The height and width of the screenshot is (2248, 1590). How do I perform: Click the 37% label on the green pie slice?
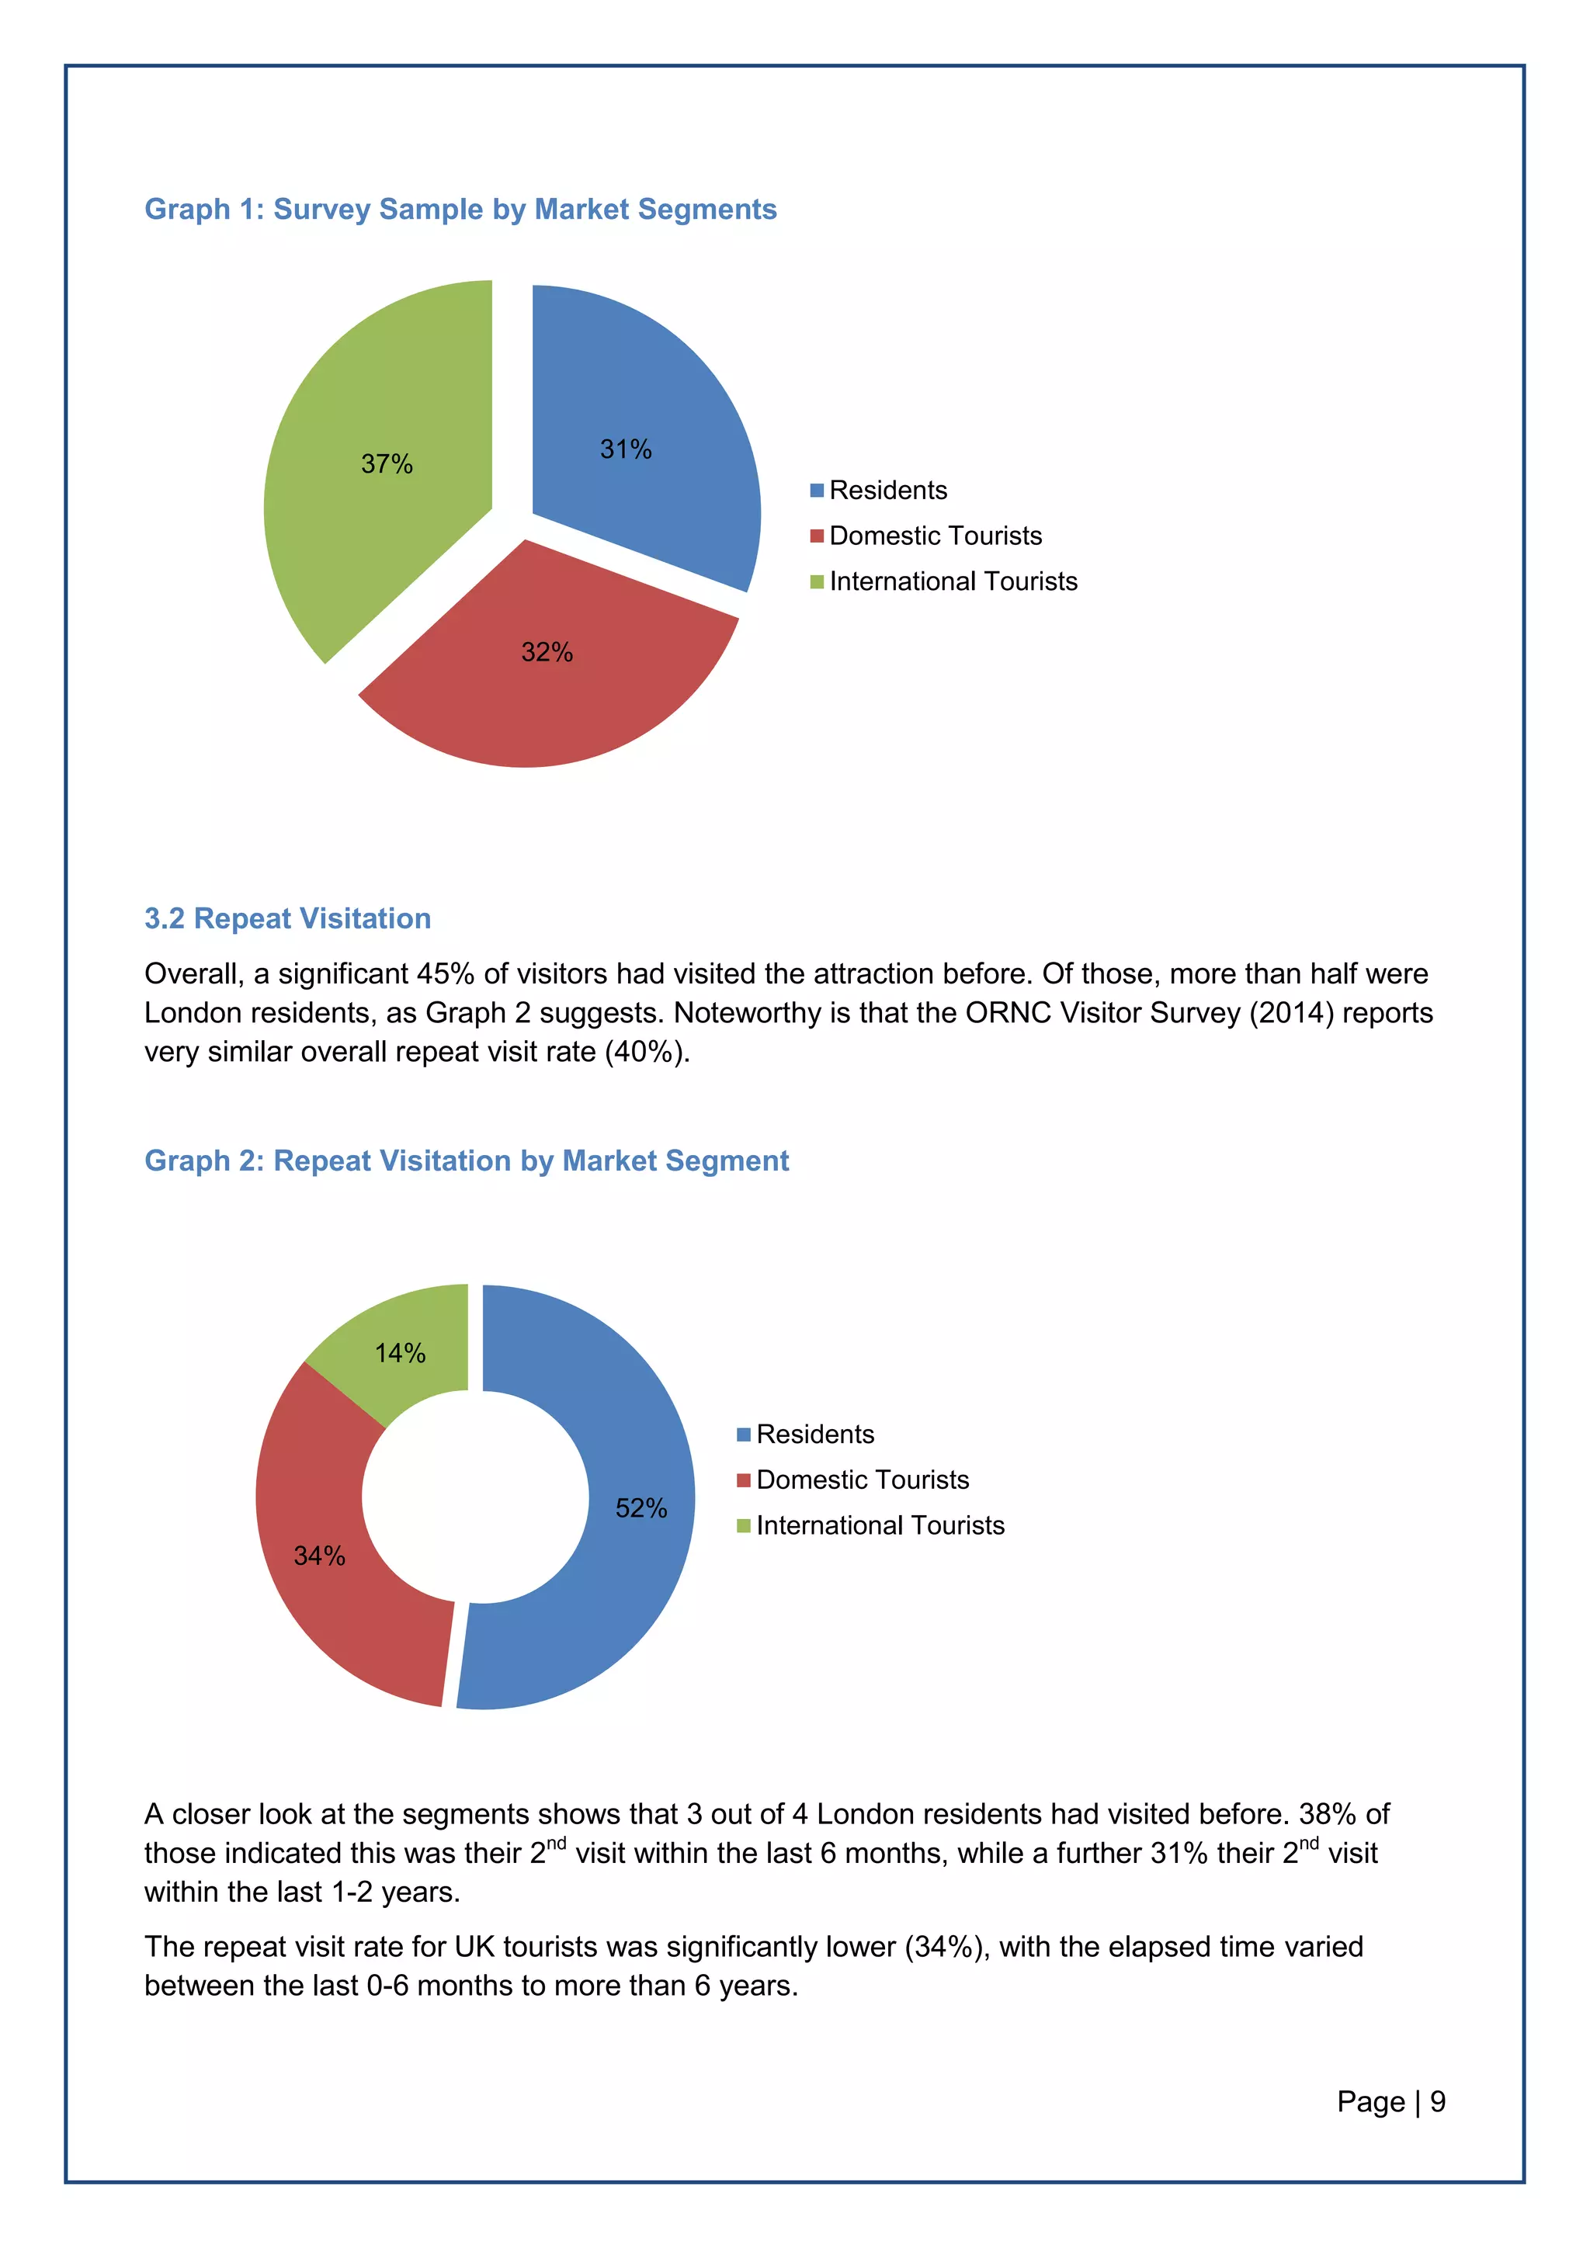coord(387,464)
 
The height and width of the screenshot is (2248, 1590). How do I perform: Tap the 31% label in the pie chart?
coord(626,449)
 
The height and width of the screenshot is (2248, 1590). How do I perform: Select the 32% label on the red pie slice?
coord(547,652)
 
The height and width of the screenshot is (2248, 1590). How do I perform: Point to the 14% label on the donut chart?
coord(400,1353)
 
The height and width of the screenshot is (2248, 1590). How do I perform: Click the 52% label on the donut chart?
coord(641,1507)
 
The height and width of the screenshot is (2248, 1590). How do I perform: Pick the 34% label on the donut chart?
coord(319,1556)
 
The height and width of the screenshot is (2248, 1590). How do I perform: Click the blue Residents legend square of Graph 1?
coord(817,491)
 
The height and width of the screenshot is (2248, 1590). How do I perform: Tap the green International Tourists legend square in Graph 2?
coord(743,1525)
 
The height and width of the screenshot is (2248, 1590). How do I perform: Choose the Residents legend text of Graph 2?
coord(814,1434)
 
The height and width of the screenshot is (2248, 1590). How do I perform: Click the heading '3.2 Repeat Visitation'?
coord(288,918)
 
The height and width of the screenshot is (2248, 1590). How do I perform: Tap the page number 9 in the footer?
coord(1437,2101)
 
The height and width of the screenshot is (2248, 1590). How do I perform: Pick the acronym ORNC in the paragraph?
coord(1006,1012)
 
